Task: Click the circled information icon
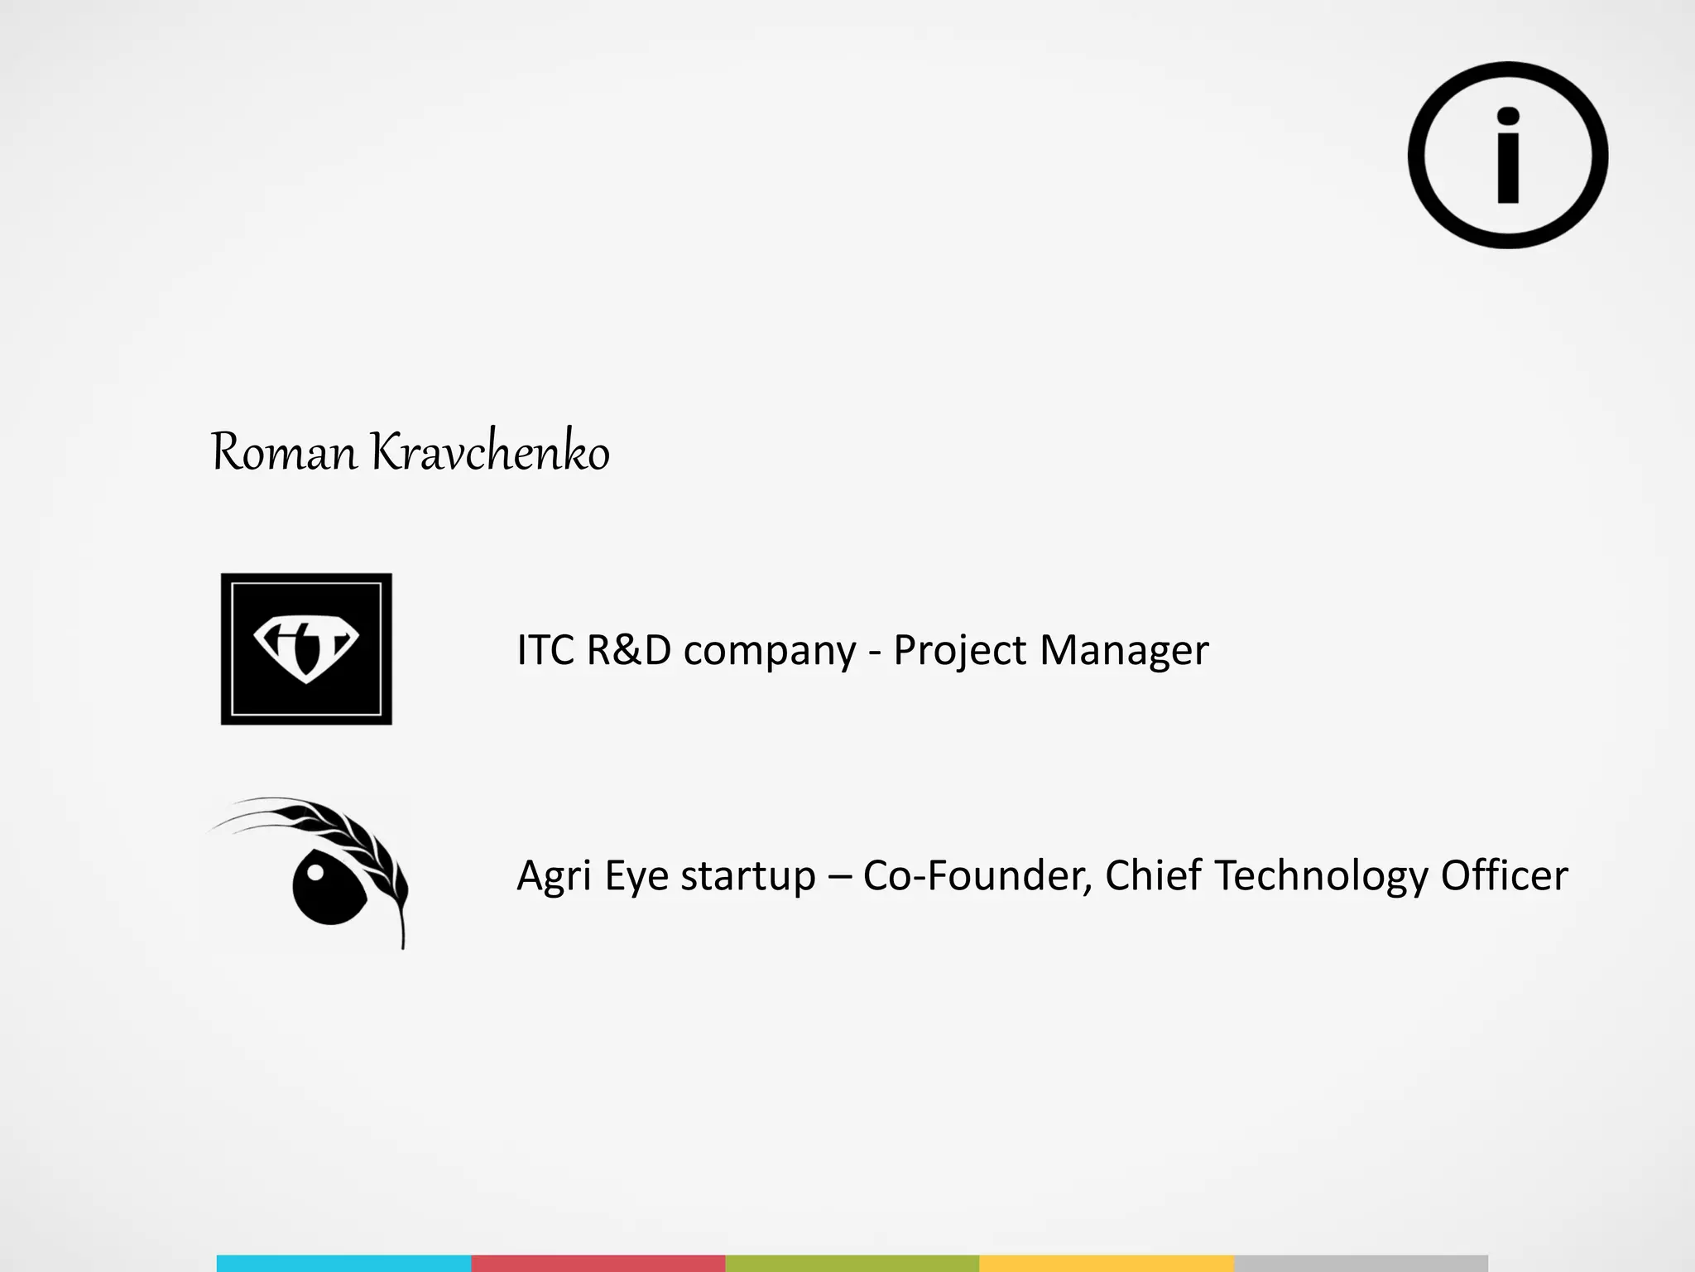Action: coord(1508,155)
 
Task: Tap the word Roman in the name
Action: coord(284,453)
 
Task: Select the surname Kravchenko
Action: coord(489,453)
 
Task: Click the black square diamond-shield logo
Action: coord(306,649)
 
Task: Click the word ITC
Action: coord(545,650)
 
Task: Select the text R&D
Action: coord(628,650)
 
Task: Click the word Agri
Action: coord(554,876)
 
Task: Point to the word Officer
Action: coord(1504,875)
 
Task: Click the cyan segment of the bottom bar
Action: coord(343,1263)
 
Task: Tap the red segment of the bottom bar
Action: coord(598,1263)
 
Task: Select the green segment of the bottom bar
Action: coord(852,1263)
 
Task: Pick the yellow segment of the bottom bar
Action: coord(1107,1263)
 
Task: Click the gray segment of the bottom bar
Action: coord(1361,1263)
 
